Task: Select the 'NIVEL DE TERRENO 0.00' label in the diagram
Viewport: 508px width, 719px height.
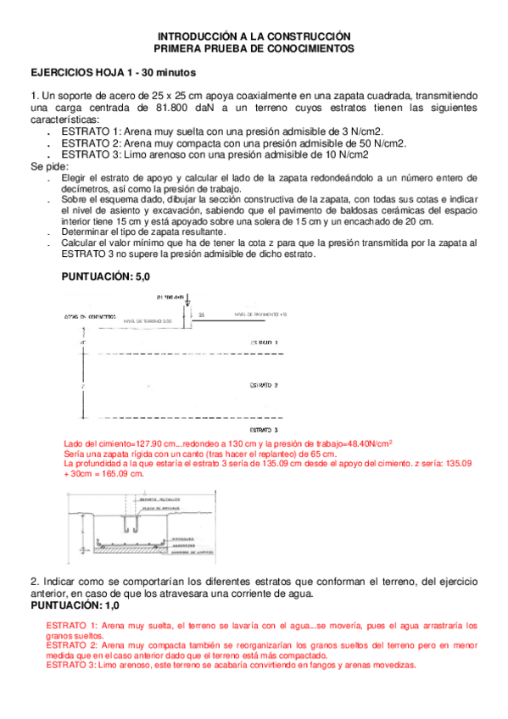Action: tap(148, 322)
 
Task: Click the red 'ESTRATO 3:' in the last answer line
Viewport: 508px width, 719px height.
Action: tap(71, 666)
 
